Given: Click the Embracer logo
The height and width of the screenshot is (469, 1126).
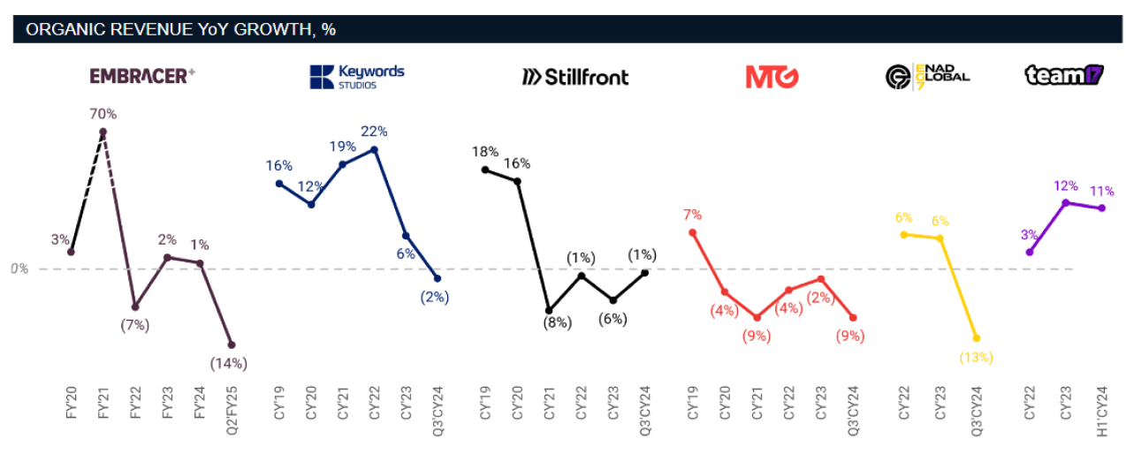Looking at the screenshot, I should point(142,77).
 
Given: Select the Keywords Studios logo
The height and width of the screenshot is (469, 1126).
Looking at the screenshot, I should point(356,77).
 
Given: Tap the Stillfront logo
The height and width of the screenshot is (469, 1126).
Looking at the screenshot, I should point(575,77).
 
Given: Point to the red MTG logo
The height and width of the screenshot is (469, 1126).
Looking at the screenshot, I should point(772,77).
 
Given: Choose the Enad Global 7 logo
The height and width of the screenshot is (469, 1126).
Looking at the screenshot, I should point(927,77).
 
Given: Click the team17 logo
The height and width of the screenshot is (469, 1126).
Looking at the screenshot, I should point(1066,76).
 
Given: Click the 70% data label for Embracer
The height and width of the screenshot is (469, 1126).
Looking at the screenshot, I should point(103,114).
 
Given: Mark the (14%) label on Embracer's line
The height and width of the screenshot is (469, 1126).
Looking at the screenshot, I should point(228,363).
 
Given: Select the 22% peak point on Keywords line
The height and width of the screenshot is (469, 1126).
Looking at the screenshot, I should point(375,149).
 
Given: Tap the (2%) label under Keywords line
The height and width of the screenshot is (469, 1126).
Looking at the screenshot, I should point(434,297).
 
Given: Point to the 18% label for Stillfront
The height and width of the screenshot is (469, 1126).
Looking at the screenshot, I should point(485,151).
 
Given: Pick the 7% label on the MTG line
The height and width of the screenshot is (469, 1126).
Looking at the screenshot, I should point(692,214).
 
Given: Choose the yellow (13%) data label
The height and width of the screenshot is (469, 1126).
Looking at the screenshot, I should point(976,357).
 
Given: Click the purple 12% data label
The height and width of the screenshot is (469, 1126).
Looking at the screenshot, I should point(1066,185).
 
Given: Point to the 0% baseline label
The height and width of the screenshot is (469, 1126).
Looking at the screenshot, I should point(19,269).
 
